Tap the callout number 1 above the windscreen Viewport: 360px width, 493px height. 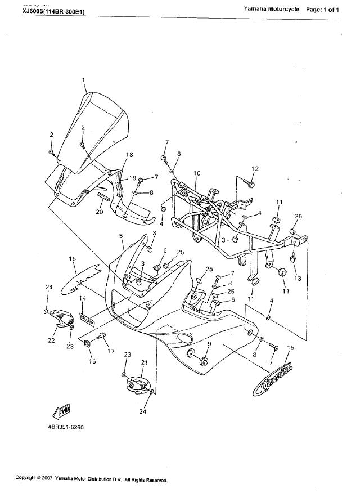point(84,81)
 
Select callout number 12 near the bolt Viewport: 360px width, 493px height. point(254,168)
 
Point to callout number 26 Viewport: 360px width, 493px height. point(298,217)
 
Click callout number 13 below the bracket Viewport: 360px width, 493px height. point(298,279)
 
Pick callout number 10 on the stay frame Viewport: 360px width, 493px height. point(197,173)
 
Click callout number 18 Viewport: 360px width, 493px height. point(129,155)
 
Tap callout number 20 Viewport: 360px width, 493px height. point(99,212)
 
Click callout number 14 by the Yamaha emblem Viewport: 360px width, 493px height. point(82,298)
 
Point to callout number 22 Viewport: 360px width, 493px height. point(51,340)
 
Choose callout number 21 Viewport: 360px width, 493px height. point(143,362)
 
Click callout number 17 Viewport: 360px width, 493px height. point(111,351)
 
